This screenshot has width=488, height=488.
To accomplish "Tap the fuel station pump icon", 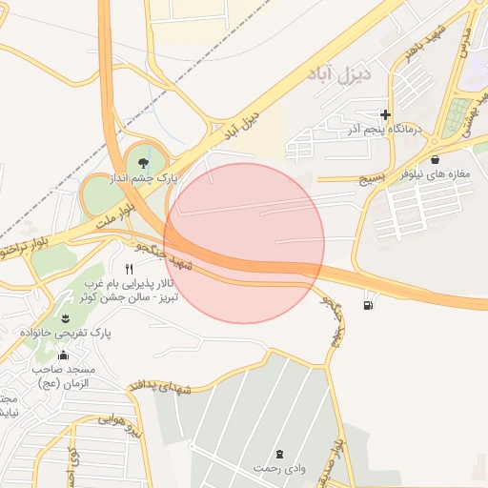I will coord(368,305).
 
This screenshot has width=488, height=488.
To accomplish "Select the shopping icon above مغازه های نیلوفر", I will coord(436,159).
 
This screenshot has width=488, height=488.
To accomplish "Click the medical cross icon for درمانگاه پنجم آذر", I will coord(386,114).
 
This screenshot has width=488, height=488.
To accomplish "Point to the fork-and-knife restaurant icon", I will coord(130,270).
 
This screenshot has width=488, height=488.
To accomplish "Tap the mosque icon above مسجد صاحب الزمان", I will coord(63,356).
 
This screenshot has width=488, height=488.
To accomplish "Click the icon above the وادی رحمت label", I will coord(279,454).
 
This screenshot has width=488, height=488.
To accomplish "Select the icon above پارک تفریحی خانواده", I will coord(66,318).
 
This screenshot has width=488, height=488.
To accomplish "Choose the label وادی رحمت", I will coord(279,468).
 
